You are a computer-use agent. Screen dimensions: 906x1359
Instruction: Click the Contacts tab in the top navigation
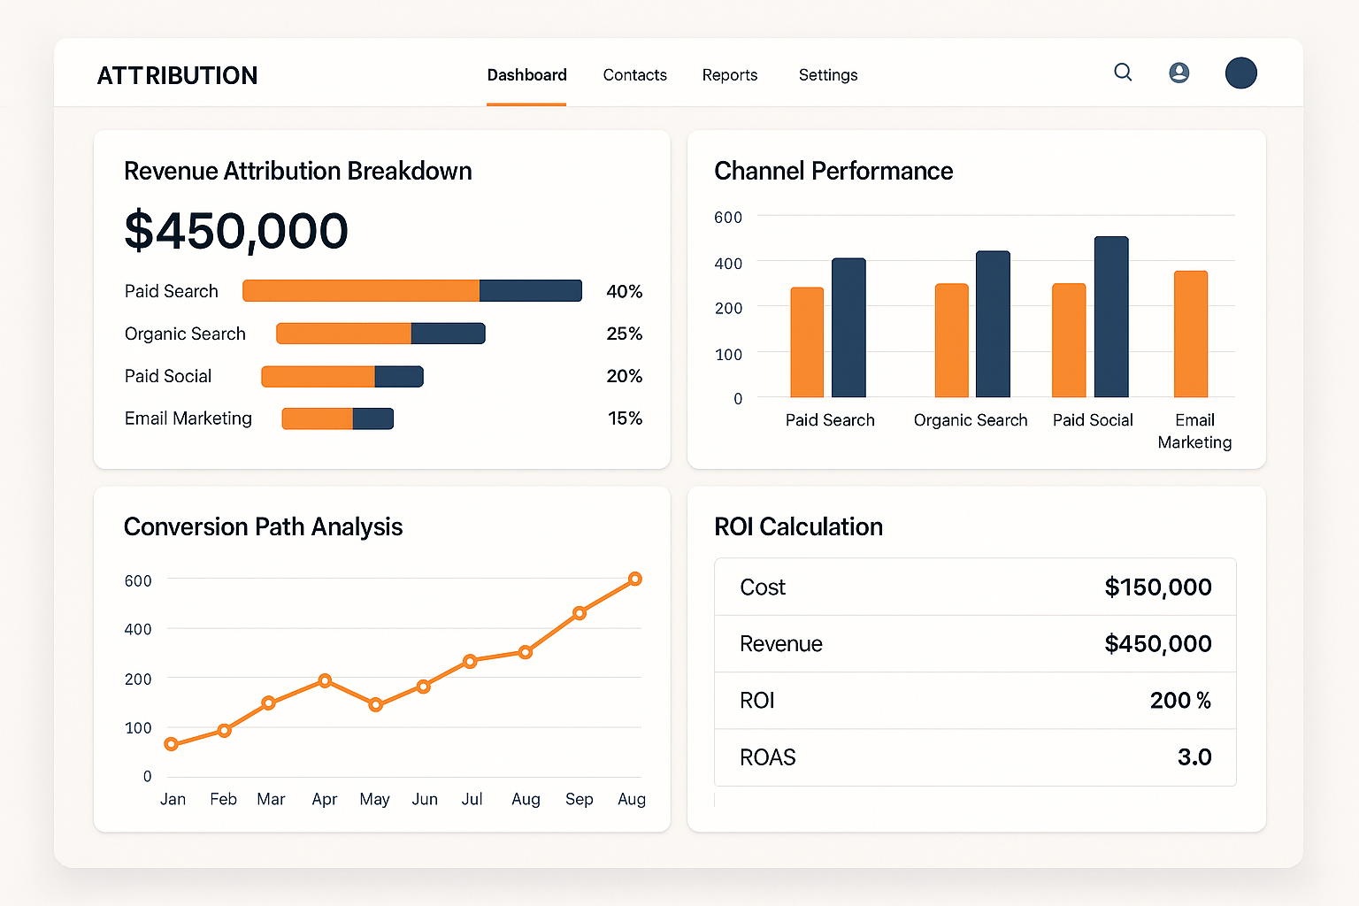(x=634, y=75)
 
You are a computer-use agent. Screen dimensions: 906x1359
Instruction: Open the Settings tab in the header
(x=827, y=75)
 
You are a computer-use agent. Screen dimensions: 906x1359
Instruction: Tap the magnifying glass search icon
(x=1123, y=73)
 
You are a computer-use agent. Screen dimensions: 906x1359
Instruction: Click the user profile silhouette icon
(x=1179, y=73)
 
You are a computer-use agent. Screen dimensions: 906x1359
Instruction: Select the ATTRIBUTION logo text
(x=177, y=76)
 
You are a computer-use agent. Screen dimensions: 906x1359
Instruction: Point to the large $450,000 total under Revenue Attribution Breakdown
(x=236, y=231)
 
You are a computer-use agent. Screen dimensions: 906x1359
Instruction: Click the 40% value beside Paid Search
(x=624, y=291)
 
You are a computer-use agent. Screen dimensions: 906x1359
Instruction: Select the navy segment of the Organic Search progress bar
(x=448, y=334)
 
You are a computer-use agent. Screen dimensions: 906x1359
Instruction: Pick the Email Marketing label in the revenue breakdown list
(x=188, y=418)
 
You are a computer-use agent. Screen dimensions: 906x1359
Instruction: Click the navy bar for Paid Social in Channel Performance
(x=1111, y=317)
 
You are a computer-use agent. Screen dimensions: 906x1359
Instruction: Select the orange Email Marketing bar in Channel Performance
(x=1190, y=334)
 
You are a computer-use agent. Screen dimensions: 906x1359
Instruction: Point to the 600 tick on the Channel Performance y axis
(x=727, y=218)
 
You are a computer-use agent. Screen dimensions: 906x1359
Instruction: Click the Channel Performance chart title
(x=833, y=171)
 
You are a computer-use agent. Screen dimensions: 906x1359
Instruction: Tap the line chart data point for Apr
(x=325, y=680)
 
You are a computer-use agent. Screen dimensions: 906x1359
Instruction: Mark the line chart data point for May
(x=375, y=704)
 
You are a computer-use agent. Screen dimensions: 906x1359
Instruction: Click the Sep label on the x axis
(x=579, y=799)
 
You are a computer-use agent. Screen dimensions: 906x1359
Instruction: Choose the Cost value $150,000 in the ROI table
(x=1157, y=587)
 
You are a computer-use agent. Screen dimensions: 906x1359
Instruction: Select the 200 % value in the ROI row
(x=1179, y=701)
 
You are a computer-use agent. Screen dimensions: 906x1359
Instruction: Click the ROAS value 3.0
(x=1194, y=757)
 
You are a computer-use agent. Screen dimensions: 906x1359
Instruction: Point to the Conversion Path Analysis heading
(x=263, y=526)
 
